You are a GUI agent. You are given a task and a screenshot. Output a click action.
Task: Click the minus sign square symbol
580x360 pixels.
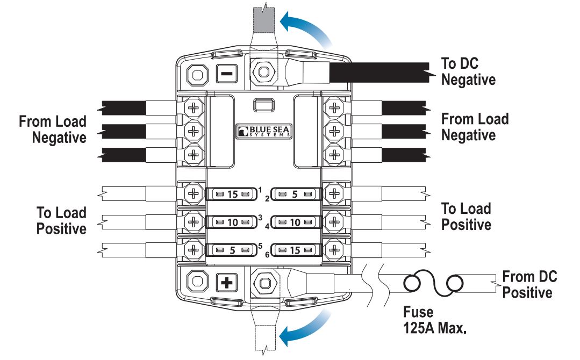coord(226,74)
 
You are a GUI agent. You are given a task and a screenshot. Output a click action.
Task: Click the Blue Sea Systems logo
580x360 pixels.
coord(265,131)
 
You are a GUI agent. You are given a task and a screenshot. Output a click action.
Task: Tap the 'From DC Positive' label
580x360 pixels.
coord(529,285)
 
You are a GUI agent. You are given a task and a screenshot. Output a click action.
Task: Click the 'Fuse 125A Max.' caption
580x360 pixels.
coord(434,320)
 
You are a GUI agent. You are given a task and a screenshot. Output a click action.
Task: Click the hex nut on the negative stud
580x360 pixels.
coord(264,70)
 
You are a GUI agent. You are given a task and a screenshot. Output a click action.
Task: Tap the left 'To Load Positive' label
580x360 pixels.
coord(61,220)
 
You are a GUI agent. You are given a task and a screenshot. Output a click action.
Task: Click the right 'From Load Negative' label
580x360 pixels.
coord(475,127)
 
